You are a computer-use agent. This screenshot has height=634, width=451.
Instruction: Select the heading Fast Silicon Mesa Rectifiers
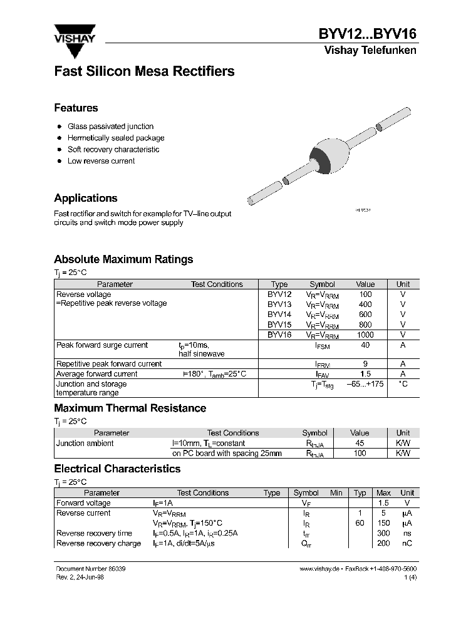click(144, 71)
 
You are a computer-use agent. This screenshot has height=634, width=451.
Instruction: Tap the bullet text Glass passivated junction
click(110, 127)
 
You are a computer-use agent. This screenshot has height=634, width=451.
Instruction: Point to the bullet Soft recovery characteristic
click(113, 150)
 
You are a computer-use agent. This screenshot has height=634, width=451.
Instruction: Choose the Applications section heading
click(86, 198)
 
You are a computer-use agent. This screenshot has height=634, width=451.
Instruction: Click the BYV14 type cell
click(279, 314)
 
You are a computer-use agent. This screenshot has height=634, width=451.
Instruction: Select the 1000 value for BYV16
click(365, 335)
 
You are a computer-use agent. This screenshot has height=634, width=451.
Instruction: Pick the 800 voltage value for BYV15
click(365, 325)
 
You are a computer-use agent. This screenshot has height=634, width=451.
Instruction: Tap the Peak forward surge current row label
click(102, 345)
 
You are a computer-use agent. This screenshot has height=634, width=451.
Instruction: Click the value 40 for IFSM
click(365, 345)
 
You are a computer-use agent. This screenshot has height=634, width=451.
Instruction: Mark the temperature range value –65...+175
click(365, 384)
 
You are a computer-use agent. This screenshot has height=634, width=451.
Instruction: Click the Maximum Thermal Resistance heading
click(130, 408)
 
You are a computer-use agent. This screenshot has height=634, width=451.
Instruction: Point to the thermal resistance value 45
click(360, 443)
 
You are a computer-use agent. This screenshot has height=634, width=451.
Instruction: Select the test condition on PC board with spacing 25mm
click(227, 454)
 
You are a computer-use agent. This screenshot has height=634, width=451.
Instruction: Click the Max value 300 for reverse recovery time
click(384, 533)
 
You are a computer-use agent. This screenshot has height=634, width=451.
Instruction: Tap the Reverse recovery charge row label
click(98, 543)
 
